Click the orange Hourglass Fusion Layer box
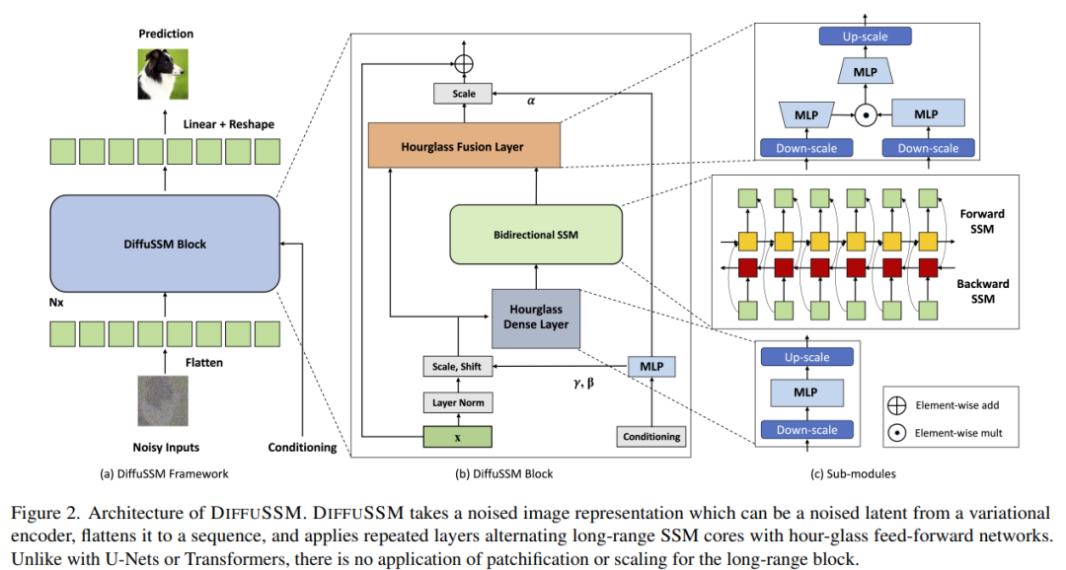pyautogui.click(x=463, y=147)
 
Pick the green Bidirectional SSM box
pyautogui.click(x=536, y=236)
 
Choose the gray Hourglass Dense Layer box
pyautogui.click(x=537, y=317)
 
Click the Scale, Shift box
pyautogui.click(x=457, y=367)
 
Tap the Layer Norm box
pyautogui.click(x=457, y=402)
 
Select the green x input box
pyautogui.click(x=457, y=436)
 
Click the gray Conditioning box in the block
pyautogui.click(x=650, y=436)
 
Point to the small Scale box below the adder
pyautogui.click(x=463, y=94)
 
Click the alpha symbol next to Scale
pyautogui.click(x=532, y=100)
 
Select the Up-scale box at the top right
pyautogui.click(x=865, y=37)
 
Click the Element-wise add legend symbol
pyautogui.click(x=898, y=405)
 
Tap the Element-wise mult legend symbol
pyautogui.click(x=898, y=431)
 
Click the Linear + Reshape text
pyautogui.click(x=229, y=124)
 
